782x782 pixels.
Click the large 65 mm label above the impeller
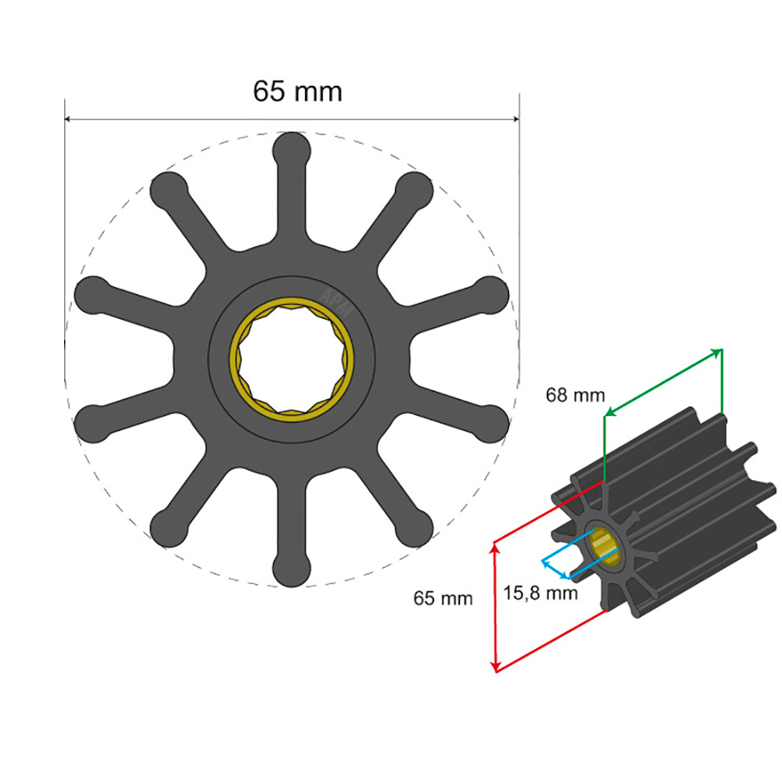297,91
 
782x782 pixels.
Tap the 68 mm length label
575,396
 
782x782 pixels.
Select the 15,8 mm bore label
540,594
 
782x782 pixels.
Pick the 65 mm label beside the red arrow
443,599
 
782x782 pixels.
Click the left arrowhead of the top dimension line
68,120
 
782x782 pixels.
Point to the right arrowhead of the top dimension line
515,120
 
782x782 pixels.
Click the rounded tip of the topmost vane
292,148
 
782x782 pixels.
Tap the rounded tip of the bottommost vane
292,570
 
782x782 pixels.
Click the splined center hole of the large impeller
292,359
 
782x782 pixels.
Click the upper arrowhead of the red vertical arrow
494,549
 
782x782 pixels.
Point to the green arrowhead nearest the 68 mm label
609,413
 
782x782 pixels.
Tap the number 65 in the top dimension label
268,91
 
